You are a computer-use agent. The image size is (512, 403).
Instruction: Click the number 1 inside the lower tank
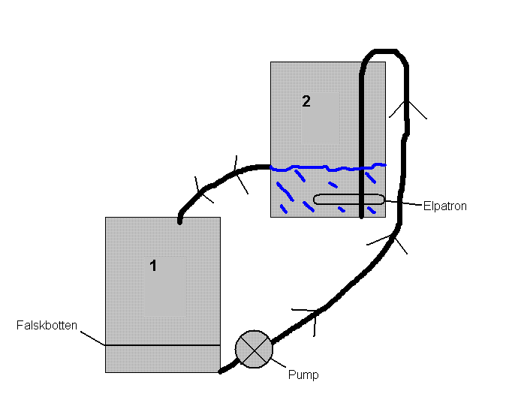coord(153,265)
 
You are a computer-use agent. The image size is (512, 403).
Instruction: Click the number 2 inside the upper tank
coord(306,101)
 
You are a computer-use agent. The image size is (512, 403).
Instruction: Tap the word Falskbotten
coord(47,326)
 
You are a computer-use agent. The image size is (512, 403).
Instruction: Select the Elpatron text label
coord(445,206)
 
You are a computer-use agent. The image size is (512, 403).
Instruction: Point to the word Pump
coord(303,374)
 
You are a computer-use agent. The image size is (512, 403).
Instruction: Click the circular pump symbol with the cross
coord(254,349)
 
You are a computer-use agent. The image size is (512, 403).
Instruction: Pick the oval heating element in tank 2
coord(348,200)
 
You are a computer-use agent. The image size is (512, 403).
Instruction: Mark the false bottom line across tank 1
coord(162,345)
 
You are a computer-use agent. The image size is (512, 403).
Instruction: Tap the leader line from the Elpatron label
coord(404,203)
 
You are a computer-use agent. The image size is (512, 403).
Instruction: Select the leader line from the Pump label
coord(279,365)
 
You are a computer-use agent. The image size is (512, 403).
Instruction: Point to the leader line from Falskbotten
coord(91,338)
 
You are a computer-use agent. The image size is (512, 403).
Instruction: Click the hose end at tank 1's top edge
coord(180,221)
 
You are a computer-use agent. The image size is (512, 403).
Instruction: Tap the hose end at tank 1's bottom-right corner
coord(221,370)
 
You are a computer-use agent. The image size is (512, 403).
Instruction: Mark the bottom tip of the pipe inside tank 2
coord(362,216)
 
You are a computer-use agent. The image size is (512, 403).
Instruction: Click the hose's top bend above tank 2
coord(384,52)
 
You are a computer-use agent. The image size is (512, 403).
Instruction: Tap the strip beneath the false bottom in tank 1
coord(162,359)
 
